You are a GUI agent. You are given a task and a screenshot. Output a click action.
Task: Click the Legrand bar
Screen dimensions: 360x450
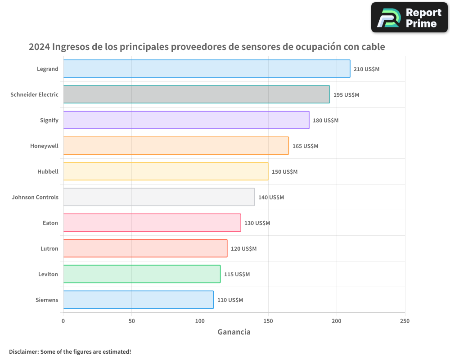click(x=207, y=69)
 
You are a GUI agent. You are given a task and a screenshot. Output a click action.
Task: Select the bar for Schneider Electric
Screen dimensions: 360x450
click(x=196, y=94)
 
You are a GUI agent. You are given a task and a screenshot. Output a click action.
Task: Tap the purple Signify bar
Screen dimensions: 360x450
click(x=186, y=120)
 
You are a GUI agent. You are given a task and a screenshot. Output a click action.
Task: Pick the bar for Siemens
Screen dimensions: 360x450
click(x=138, y=300)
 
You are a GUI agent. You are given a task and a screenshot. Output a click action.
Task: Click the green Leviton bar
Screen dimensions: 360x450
click(x=142, y=274)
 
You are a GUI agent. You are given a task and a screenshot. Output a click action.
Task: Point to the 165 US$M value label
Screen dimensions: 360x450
click(x=305, y=146)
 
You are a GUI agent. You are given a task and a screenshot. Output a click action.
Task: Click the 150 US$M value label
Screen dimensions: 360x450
click(x=284, y=172)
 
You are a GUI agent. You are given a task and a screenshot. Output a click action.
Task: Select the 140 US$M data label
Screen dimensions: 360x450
click(x=271, y=198)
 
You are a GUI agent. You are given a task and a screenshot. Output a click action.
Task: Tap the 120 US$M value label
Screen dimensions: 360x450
click(x=243, y=249)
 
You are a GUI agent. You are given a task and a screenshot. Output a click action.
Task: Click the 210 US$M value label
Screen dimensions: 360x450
click(x=366, y=69)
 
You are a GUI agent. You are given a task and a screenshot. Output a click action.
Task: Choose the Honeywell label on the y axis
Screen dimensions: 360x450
click(x=44, y=146)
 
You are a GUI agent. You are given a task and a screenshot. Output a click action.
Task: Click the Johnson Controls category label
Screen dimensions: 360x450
click(x=35, y=198)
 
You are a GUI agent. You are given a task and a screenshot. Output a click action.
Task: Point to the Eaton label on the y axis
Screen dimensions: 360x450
click(x=50, y=223)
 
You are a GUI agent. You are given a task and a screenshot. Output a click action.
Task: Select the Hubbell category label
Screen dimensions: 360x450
click(x=48, y=172)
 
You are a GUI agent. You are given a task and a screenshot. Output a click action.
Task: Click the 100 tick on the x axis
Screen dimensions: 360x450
click(x=200, y=321)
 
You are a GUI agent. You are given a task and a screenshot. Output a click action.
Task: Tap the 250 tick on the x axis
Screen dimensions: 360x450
click(x=405, y=321)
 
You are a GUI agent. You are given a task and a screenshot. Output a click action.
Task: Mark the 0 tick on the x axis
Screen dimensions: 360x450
click(x=63, y=321)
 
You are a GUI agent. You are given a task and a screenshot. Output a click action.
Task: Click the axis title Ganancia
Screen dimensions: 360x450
click(x=234, y=332)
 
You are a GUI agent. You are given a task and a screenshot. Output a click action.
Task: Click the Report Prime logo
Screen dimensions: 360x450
click(x=409, y=18)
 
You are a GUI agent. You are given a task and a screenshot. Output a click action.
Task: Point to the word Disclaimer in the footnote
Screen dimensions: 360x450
click(x=23, y=352)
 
